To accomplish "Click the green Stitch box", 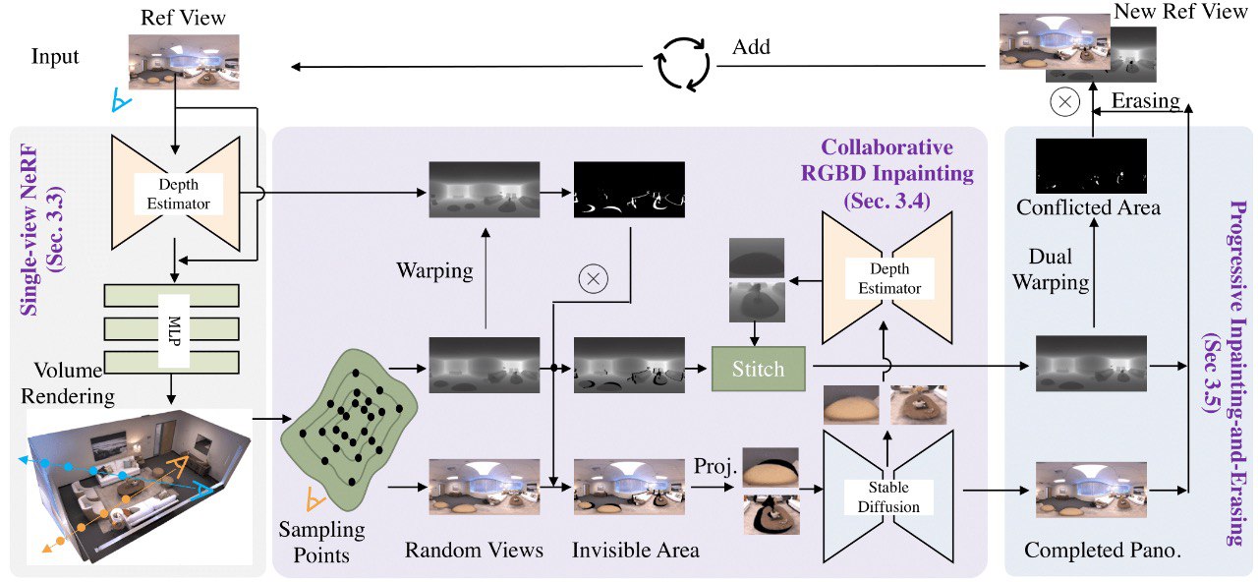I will (758, 369).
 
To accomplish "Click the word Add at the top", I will (751, 47).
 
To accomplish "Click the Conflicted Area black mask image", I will (1091, 165).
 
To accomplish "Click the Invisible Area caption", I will (635, 550).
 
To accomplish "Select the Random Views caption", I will (474, 550).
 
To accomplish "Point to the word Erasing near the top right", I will (1145, 101).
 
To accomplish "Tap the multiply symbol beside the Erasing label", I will (1065, 102).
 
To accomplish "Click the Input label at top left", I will (55, 56).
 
